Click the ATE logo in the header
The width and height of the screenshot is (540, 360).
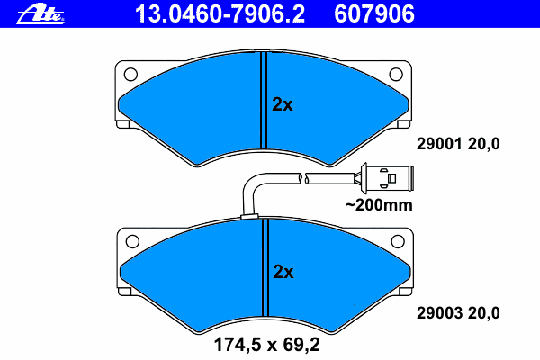pyautogui.click(x=40, y=15)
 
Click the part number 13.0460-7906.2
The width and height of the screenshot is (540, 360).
pyautogui.click(x=220, y=14)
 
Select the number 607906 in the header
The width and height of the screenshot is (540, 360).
pyautogui.click(x=374, y=14)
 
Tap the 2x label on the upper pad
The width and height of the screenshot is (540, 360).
pyautogui.click(x=283, y=104)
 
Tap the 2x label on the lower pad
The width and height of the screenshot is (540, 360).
pyautogui.click(x=283, y=272)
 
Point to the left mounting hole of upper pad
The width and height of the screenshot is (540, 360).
pyautogui.click(x=130, y=74)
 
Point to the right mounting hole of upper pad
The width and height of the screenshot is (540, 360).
pyautogui.click(x=396, y=74)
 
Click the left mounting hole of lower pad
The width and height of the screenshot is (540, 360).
pyautogui.click(x=132, y=241)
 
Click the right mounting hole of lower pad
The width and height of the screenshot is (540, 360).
pyautogui.click(x=398, y=241)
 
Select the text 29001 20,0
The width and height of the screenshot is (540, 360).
pyautogui.click(x=458, y=144)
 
